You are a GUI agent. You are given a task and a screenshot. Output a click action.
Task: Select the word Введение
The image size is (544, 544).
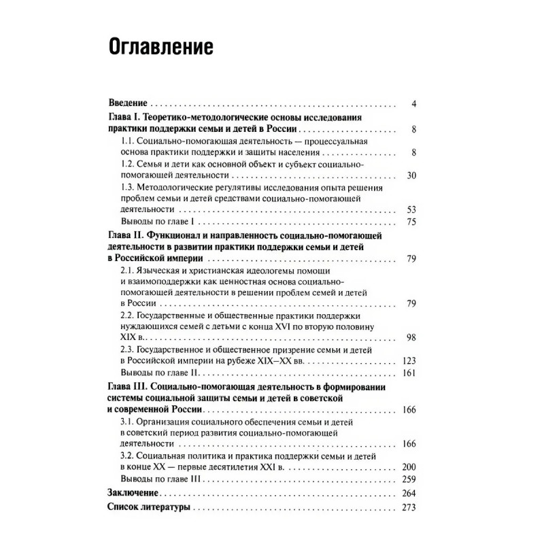tap(129, 104)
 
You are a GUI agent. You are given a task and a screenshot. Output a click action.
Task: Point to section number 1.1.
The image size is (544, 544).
tap(126, 141)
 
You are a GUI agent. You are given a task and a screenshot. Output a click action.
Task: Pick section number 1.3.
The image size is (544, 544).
tap(126, 187)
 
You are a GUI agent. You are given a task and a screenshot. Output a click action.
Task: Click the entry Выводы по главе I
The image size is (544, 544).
tap(156, 222)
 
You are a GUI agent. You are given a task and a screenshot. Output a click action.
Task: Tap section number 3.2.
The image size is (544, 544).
tap(126, 456)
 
